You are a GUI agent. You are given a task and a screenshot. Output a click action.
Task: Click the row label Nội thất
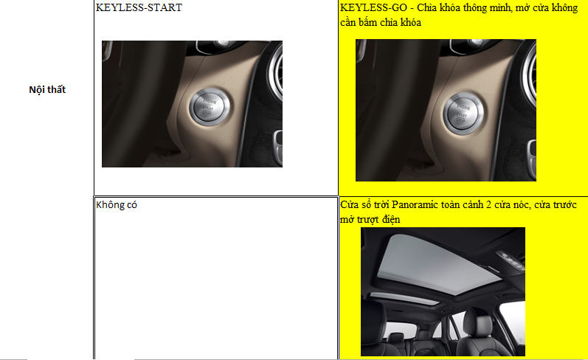(x=47, y=89)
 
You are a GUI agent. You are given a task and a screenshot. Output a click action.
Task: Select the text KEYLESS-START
(x=139, y=7)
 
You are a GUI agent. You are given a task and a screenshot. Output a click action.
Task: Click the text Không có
(x=117, y=205)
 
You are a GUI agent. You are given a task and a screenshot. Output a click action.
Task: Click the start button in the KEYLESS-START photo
(x=210, y=106)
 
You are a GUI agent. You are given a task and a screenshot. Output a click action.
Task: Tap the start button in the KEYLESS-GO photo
(x=463, y=114)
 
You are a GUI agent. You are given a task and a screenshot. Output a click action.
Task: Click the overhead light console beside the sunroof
(x=511, y=260)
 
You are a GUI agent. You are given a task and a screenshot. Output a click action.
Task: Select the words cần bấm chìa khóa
(x=381, y=22)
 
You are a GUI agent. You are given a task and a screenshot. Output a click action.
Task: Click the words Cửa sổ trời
(x=364, y=205)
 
